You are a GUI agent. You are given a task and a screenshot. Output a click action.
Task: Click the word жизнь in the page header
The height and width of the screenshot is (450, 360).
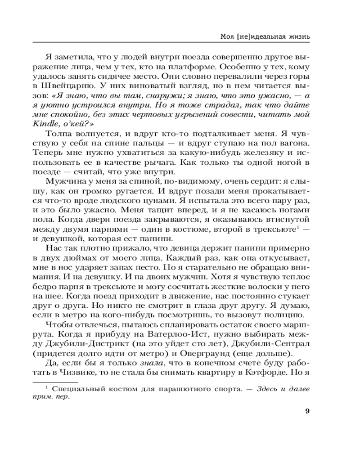[x=296, y=36]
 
